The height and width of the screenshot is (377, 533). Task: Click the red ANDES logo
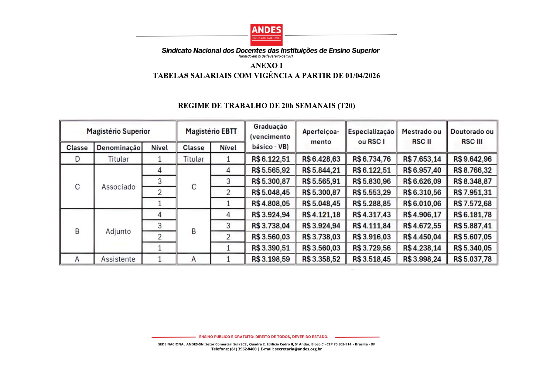tap(266, 35)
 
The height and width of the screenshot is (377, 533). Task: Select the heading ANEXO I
tap(266, 66)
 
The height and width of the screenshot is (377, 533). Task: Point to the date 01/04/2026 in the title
tap(362, 76)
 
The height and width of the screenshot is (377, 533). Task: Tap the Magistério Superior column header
tap(118, 131)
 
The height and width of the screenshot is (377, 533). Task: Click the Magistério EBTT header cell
tap(211, 131)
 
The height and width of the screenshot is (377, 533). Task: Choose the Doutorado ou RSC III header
tap(472, 136)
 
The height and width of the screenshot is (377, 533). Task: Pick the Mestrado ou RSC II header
tap(422, 136)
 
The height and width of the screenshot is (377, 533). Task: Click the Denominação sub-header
tap(118, 148)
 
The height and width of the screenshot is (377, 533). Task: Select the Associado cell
tap(118, 187)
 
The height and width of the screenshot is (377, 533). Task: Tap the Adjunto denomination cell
tap(118, 231)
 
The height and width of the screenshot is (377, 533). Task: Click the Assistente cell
tap(118, 259)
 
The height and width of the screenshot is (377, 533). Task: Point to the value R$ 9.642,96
tap(472, 159)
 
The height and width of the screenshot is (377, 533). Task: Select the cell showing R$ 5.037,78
tap(472, 259)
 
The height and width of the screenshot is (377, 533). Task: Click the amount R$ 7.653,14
tap(422, 159)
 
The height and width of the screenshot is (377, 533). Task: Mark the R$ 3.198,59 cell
tap(271, 259)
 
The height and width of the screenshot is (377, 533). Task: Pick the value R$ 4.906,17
tap(422, 215)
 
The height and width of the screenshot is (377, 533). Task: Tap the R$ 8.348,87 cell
tap(472, 181)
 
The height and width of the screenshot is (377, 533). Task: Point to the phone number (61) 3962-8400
tap(243, 349)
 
